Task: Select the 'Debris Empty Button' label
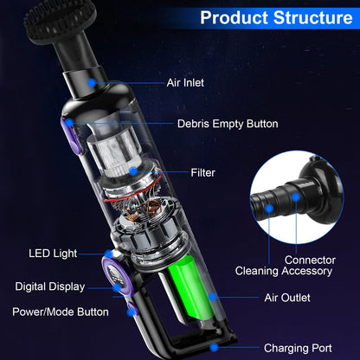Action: [x=228, y=124]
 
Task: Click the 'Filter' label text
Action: [x=202, y=172]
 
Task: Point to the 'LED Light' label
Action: [x=53, y=254]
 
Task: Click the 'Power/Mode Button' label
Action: [x=61, y=312]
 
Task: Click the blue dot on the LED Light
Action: [x=110, y=254]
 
